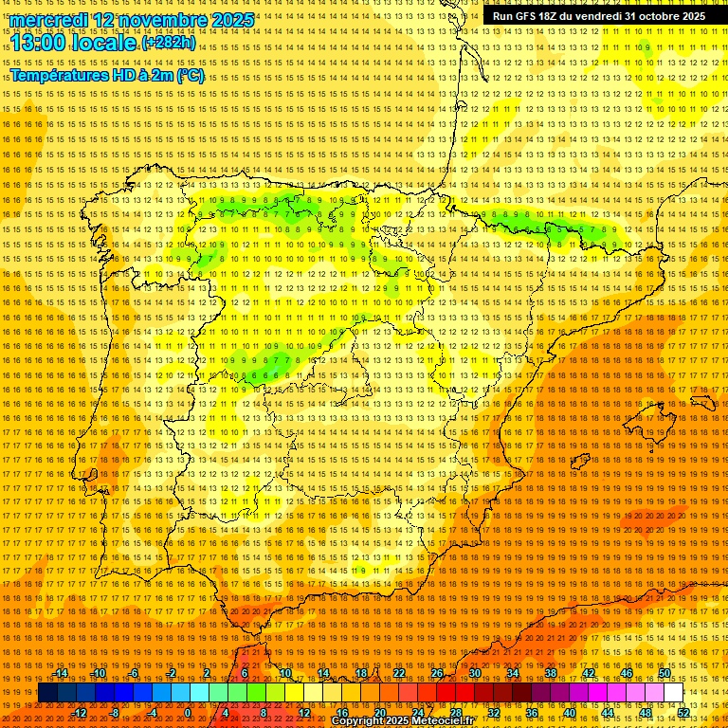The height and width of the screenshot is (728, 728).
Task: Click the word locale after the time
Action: pyautogui.click(x=104, y=44)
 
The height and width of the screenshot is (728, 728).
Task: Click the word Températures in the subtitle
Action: pyautogui.click(x=59, y=76)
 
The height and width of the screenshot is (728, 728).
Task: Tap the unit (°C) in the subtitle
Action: pyautogui.click(x=190, y=76)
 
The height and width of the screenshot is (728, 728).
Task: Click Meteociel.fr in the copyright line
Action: pyautogui.click(x=443, y=721)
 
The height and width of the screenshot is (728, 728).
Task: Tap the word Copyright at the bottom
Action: pyautogui.click(x=358, y=721)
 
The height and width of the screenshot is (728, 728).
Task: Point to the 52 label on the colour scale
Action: pyautogui.click(x=683, y=712)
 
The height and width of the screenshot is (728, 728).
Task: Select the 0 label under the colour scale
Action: pyautogui.click(x=188, y=712)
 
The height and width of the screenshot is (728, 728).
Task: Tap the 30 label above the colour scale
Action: pyautogui.click(x=474, y=673)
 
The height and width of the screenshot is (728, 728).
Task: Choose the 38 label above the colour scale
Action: pyautogui.click(x=550, y=673)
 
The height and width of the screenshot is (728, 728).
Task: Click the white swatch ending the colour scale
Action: pyautogui.click(x=674, y=693)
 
